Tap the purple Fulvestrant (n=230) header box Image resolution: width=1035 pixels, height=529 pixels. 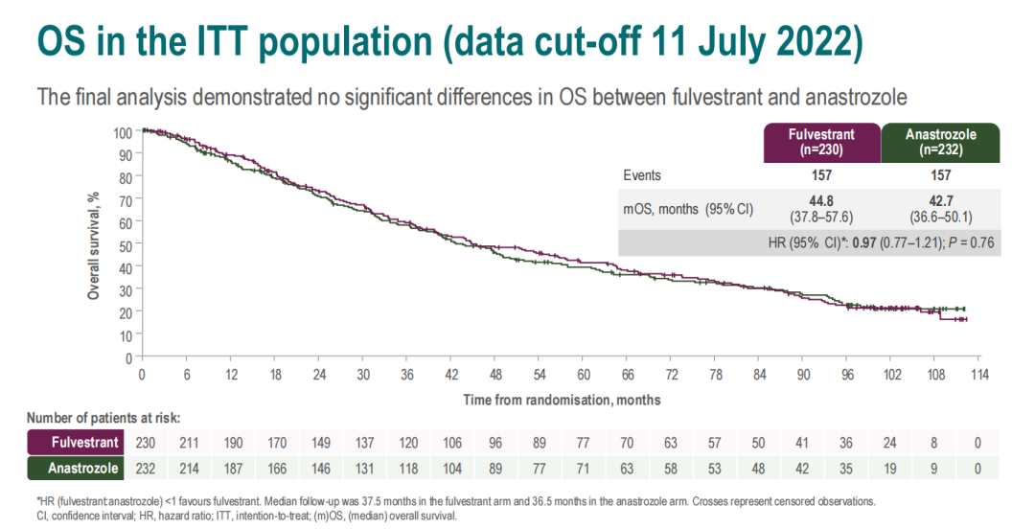click(x=821, y=142)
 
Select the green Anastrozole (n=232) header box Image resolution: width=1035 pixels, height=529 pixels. click(x=940, y=142)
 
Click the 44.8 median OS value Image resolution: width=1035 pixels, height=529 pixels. click(x=821, y=201)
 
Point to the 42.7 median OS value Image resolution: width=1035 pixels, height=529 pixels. click(x=940, y=201)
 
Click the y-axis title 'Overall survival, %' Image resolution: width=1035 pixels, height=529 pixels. click(x=94, y=244)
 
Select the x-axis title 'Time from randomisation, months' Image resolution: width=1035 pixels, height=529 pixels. click(x=562, y=399)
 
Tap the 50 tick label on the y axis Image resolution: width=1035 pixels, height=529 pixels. click(x=125, y=245)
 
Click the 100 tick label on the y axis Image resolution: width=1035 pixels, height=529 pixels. click(x=122, y=132)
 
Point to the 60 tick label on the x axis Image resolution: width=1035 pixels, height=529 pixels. click(x=584, y=374)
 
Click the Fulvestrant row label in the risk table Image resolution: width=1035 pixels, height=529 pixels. click(x=85, y=442)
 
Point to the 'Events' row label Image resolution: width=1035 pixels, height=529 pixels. click(x=641, y=175)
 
